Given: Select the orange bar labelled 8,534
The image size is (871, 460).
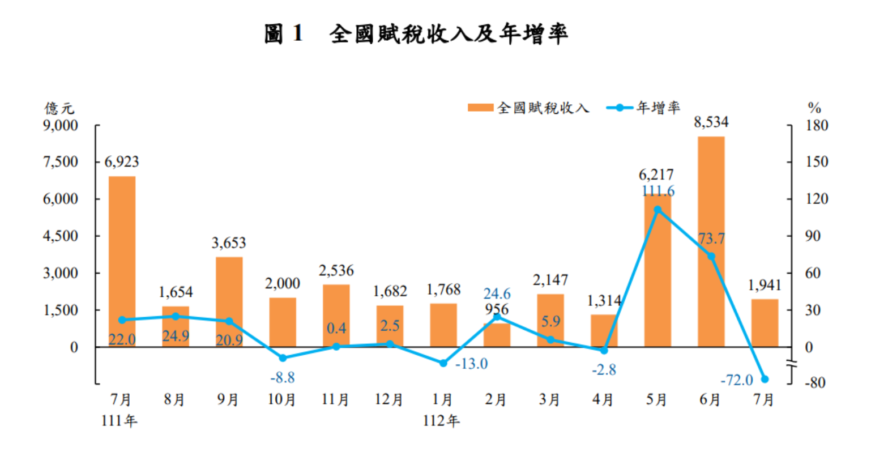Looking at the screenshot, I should pyautogui.click(x=711, y=241).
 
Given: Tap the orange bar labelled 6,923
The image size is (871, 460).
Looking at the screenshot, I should pyautogui.click(x=122, y=261).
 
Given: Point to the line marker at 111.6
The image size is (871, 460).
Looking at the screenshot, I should pyautogui.click(x=657, y=210).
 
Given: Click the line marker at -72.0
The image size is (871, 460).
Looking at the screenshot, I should pyautogui.click(x=765, y=379).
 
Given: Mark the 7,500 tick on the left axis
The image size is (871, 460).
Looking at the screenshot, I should pyautogui.click(x=62, y=162).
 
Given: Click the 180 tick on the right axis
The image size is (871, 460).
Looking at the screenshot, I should pyautogui.click(x=816, y=125).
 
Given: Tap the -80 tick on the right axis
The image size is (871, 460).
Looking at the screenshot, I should pyautogui.click(x=816, y=383).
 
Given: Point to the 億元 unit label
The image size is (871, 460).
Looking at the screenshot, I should pyautogui.click(x=59, y=108).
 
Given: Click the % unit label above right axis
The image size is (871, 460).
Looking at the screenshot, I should pyautogui.click(x=814, y=108).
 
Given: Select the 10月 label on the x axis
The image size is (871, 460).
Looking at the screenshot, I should pyautogui.click(x=282, y=400).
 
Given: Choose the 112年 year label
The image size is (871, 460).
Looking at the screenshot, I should pyautogui.click(x=442, y=421).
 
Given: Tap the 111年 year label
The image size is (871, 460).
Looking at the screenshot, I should pyautogui.click(x=119, y=421).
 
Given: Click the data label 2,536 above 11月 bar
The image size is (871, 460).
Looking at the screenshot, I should pyautogui.click(x=336, y=271).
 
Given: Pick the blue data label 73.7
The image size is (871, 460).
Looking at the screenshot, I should pyautogui.click(x=711, y=238).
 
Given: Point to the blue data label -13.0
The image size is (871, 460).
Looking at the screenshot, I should pyautogui.click(x=471, y=364).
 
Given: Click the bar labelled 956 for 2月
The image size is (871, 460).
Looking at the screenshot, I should pyautogui.click(x=497, y=335).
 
